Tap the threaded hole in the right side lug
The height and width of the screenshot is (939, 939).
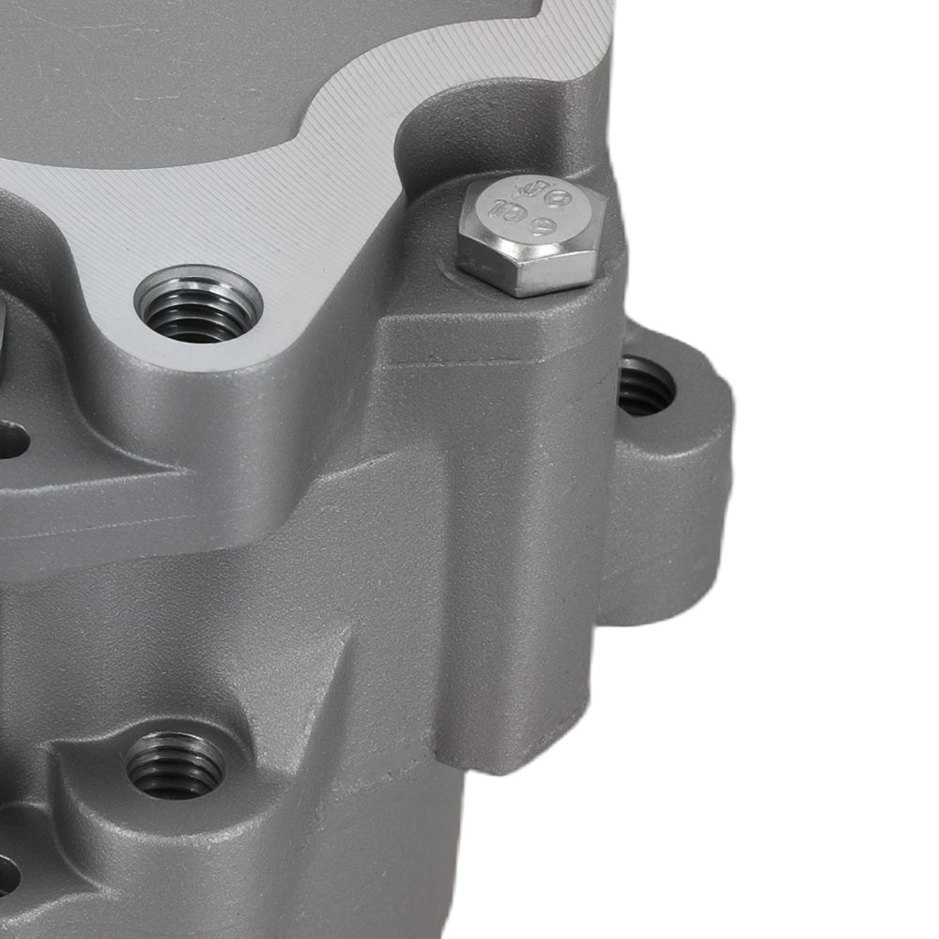click(646, 386)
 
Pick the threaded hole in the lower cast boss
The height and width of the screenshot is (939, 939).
click(176, 765)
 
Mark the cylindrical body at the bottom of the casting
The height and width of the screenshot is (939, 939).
click(376, 864)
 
